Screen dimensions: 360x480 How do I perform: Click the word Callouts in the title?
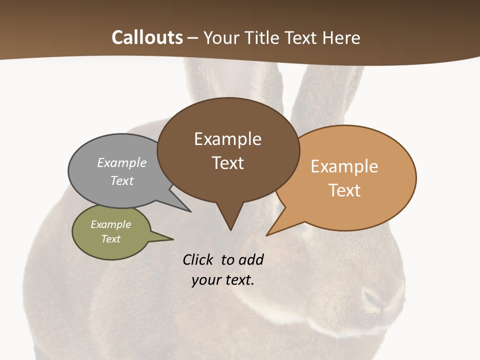tap(147, 37)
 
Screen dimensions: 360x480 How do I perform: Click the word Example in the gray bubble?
tap(122, 162)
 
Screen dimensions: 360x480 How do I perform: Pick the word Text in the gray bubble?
tap(122, 180)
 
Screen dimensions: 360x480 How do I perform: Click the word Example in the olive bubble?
tap(110, 224)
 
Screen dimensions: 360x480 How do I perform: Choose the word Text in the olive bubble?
tap(110, 239)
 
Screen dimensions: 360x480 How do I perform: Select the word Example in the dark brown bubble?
tap(227, 139)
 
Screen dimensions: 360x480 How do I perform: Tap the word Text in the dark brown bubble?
tap(228, 163)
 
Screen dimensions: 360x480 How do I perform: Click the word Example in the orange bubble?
tap(344, 166)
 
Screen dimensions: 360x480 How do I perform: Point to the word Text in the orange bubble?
tap(344, 190)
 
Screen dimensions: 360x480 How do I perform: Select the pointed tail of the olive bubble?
tap(167, 238)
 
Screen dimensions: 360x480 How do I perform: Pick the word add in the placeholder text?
tap(250, 259)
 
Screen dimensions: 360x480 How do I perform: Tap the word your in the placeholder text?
tap(206, 280)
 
